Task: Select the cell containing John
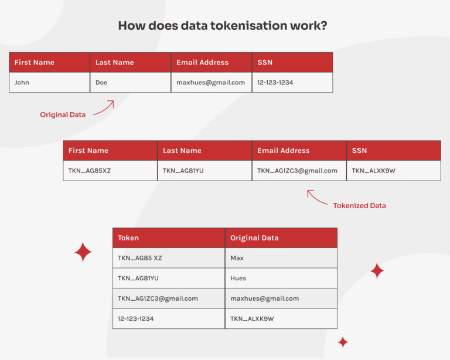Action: [49, 83]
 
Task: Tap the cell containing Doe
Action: [130, 83]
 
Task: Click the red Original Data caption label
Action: [63, 115]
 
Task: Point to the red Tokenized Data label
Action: [359, 206]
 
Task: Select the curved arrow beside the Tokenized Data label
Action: [317, 198]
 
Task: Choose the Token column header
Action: [169, 238]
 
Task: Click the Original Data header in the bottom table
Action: [281, 238]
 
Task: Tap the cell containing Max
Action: [281, 258]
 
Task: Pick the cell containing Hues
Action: [281, 279]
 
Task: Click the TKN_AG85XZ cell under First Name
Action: [110, 171]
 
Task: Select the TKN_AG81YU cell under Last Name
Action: [204, 171]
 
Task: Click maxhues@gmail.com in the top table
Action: [211, 83]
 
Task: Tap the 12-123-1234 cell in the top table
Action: [292, 83]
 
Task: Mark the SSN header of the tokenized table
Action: [393, 151]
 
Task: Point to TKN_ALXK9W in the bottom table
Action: [281, 319]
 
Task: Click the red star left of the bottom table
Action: [83, 252]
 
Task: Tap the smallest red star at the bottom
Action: [343, 342]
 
